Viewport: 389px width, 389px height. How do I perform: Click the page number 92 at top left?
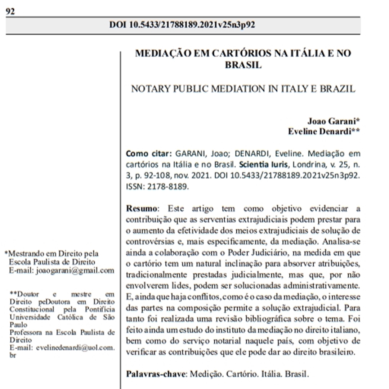pos(10,11)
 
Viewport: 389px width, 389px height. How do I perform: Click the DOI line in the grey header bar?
pos(183,25)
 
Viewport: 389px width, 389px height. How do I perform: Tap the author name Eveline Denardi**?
pos(324,131)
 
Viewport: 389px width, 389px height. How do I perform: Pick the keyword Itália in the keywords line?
pos(270,374)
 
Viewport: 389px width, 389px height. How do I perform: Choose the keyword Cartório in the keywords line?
pos(241,374)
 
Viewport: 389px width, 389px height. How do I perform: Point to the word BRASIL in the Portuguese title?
pos(243,65)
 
